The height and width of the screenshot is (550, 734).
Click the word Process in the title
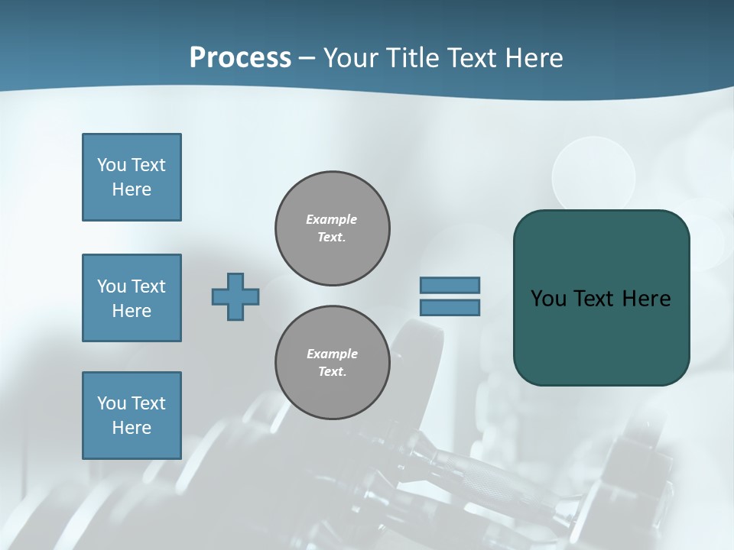(x=240, y=58)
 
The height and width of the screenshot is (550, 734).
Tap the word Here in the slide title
(x=535, y=58)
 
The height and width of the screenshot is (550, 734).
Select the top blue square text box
(x=132, y=177)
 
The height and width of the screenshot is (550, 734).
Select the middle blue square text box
(x=132, y=298)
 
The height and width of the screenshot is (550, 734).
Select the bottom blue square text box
(x=132, y=416)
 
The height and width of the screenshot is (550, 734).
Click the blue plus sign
(x=235, y=296)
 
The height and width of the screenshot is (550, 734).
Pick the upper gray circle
(x=333, y=228)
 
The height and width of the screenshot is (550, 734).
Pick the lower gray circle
(x=333, y=363)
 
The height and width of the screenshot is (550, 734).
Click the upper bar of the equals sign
(x=450, y=285)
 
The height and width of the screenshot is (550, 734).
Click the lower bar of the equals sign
(x=450, y=308)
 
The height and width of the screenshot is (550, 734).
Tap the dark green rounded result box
(x=601, y=336)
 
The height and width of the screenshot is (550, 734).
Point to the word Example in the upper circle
(x=332, y=219)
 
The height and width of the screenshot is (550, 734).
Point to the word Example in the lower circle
(x=332, y=354)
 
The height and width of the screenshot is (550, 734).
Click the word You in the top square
(x=111, y=165)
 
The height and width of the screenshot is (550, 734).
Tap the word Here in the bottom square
(x=132, y=428)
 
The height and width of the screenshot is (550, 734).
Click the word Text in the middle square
(x=148, y=286)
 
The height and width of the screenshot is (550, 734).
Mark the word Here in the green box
(x=646, y=299)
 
